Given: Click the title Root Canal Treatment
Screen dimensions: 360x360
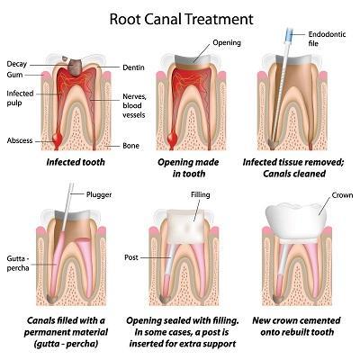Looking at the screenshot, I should (179, 17).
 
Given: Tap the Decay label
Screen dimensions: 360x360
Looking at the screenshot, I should (16, 64).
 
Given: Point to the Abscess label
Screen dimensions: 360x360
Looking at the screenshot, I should (20, 140).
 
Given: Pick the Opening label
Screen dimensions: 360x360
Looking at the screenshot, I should (226, 42).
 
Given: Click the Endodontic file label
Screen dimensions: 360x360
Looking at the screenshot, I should (327, 35).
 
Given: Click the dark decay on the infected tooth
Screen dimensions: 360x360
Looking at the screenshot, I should (77, 66).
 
